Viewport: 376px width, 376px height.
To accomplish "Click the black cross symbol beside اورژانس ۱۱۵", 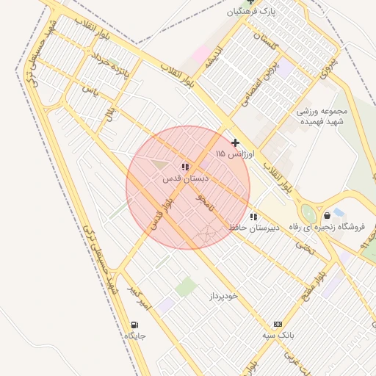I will click(x=235, y=142).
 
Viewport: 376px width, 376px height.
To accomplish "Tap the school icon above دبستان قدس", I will click(x=185, y=167).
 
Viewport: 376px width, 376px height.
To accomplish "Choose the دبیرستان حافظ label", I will click(x=254, y=228).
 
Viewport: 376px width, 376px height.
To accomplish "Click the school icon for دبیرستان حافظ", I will click(x=254, y=217).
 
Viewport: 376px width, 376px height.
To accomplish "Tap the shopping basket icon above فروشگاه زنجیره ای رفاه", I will click(x=327, y=216).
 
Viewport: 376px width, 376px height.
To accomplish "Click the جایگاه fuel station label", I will click(x=134, y=336).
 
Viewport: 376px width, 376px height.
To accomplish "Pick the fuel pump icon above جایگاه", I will click(x=134, y=325).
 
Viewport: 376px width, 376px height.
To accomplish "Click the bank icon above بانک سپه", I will click(x=278, y=324).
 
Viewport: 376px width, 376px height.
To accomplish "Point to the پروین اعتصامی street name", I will click(x=264, y=82).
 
